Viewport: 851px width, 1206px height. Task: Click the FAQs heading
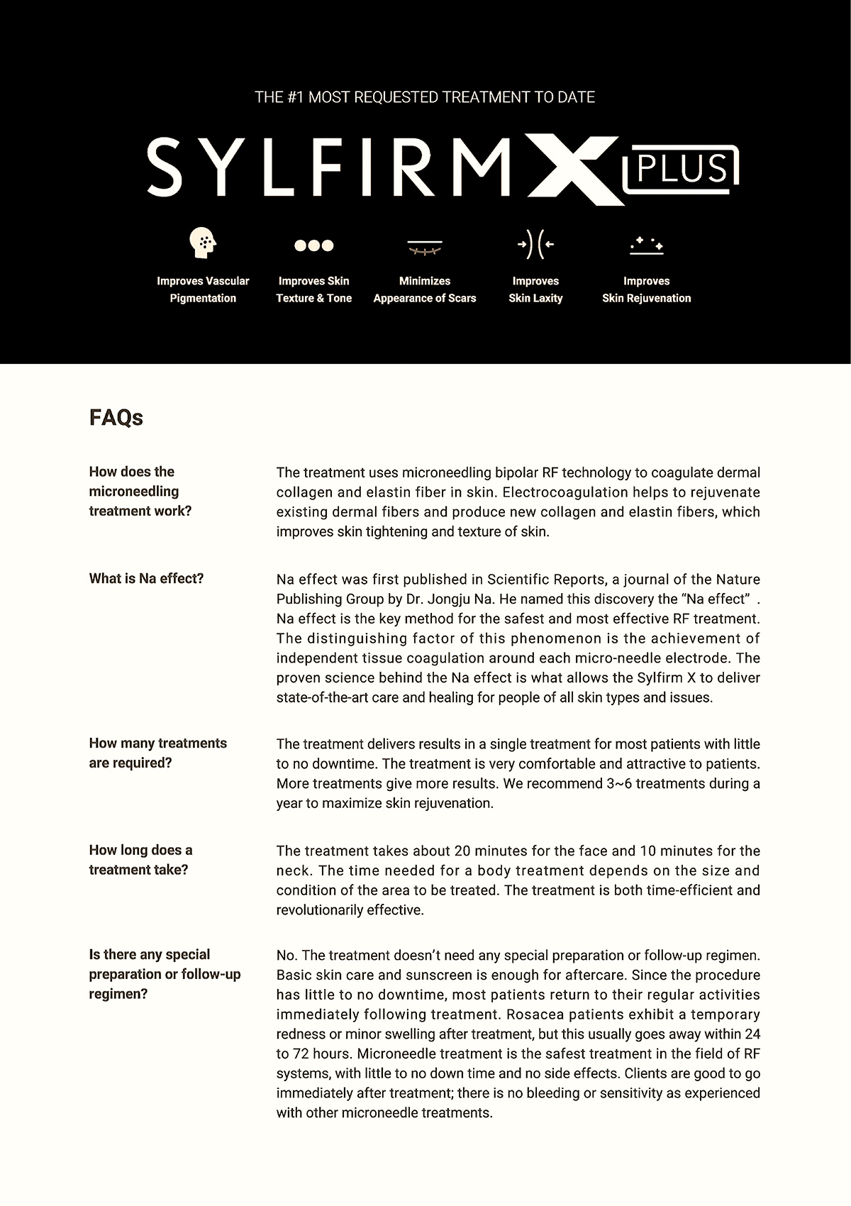[116, 418]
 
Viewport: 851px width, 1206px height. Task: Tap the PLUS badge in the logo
[682, 170]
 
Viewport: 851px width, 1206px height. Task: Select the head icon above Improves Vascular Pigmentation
[203, 243]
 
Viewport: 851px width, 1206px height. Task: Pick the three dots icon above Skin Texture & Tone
[313, 245]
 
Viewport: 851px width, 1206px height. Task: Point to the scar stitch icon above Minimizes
[425, 248]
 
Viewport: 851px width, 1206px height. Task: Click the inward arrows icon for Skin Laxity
[535, 245]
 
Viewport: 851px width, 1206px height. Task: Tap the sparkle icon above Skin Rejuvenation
[646, 245]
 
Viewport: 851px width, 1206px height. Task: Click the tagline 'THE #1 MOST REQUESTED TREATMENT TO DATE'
[425, 97]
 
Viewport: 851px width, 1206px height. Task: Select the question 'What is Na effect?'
[146, 579]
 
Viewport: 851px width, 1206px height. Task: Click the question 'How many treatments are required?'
[157, 753]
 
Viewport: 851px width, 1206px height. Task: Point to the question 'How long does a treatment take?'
[140, 860]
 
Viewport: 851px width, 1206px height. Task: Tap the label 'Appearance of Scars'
[425, 299]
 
